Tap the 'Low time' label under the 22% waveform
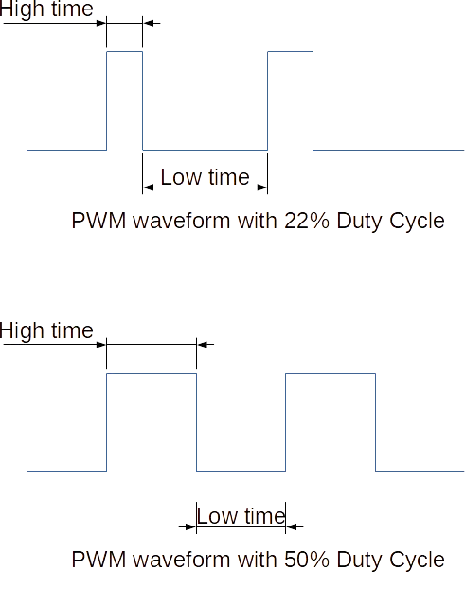(205, 177)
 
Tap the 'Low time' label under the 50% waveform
(241, 516)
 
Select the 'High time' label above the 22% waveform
(46, 9)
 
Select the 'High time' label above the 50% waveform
(46, 330)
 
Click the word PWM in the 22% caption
(98, 221)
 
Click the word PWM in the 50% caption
(98, 560)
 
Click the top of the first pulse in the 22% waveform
(124, 51)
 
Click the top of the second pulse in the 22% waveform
(291, 51)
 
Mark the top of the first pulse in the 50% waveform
(152, 374)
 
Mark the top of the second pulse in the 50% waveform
(331, 374)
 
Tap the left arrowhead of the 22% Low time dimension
(148, 187)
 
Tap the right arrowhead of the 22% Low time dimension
(262, 187)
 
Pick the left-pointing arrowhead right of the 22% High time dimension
(148, 23)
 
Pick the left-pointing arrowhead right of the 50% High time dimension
(202, 344)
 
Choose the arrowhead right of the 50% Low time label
(291, 526)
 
